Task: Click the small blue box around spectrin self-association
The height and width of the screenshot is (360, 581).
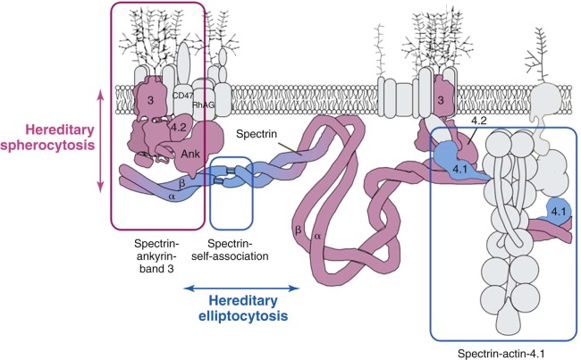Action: (x=234, y=186)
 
